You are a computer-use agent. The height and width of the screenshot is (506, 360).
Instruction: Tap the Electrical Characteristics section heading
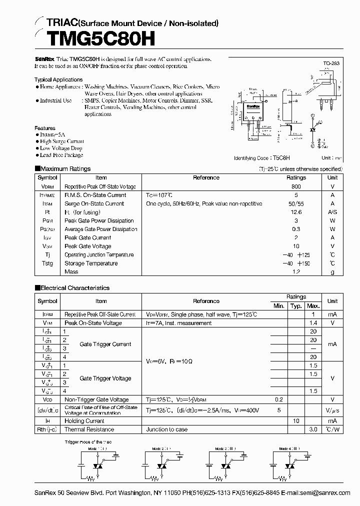[74, 288]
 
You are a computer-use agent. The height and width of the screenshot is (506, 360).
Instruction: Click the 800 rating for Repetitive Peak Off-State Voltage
[296, 186]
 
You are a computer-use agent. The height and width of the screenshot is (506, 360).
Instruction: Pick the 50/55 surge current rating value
[296, 203]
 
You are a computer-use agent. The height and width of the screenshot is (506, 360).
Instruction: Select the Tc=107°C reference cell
[159, 195]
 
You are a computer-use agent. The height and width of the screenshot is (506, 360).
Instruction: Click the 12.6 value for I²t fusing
[296, 212]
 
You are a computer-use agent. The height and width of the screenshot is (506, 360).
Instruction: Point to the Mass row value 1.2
[296, 271]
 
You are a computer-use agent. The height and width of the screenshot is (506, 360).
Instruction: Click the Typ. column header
[296, 305]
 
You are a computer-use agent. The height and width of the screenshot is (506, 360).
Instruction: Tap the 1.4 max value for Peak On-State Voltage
[313, 323]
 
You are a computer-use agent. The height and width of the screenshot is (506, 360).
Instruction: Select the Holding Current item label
[84, 421]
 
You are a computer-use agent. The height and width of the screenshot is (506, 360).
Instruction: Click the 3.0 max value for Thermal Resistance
[313, 429]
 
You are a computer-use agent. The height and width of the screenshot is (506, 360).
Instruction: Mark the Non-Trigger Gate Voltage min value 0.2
[278, 399]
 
